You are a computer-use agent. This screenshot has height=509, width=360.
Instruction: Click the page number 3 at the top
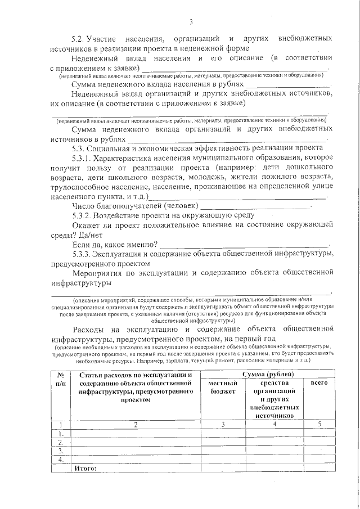coord(191,22)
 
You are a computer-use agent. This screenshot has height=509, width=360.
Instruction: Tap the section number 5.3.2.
coord(82,215)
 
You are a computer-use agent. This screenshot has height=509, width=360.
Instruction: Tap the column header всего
coord(319,382)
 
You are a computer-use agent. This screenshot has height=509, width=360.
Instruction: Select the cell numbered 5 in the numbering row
coord(319,424)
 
